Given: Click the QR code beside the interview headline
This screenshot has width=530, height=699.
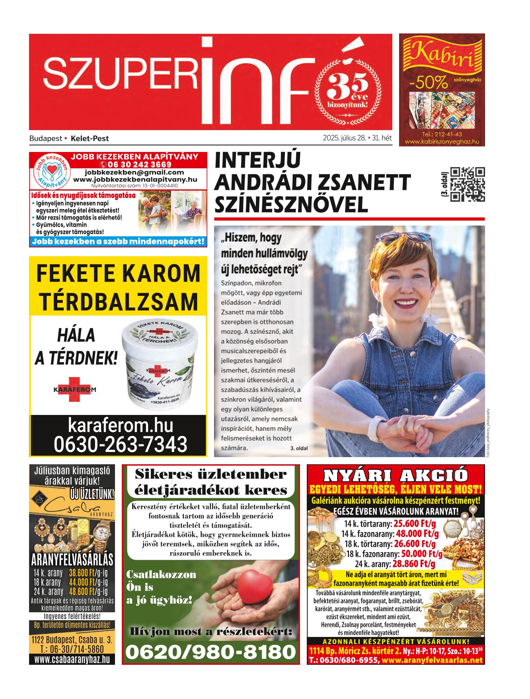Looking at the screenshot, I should [468, 184].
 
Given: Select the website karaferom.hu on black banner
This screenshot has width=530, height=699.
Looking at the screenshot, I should [121, 425].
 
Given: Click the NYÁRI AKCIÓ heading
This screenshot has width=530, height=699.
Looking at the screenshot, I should [396, 475].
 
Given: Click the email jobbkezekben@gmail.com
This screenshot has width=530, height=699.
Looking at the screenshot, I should [134, 172].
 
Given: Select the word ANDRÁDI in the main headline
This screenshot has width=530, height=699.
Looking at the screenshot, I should [263, 183].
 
